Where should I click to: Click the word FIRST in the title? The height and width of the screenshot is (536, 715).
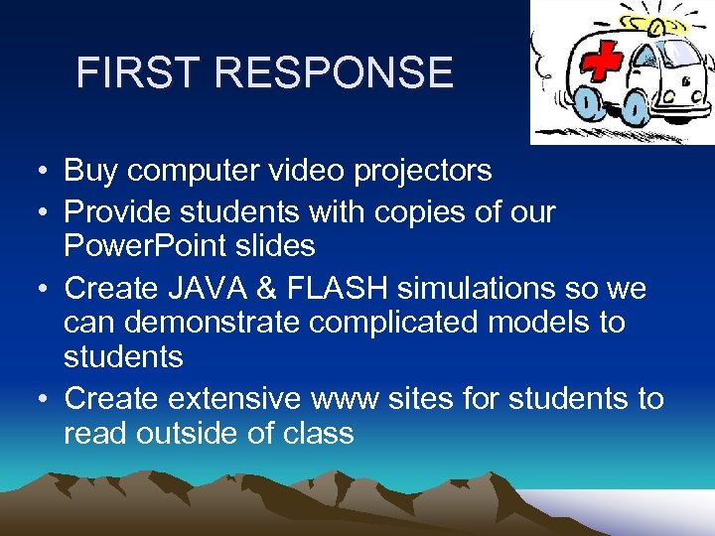(139, 72)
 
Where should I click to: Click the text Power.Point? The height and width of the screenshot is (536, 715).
(148, 245)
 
